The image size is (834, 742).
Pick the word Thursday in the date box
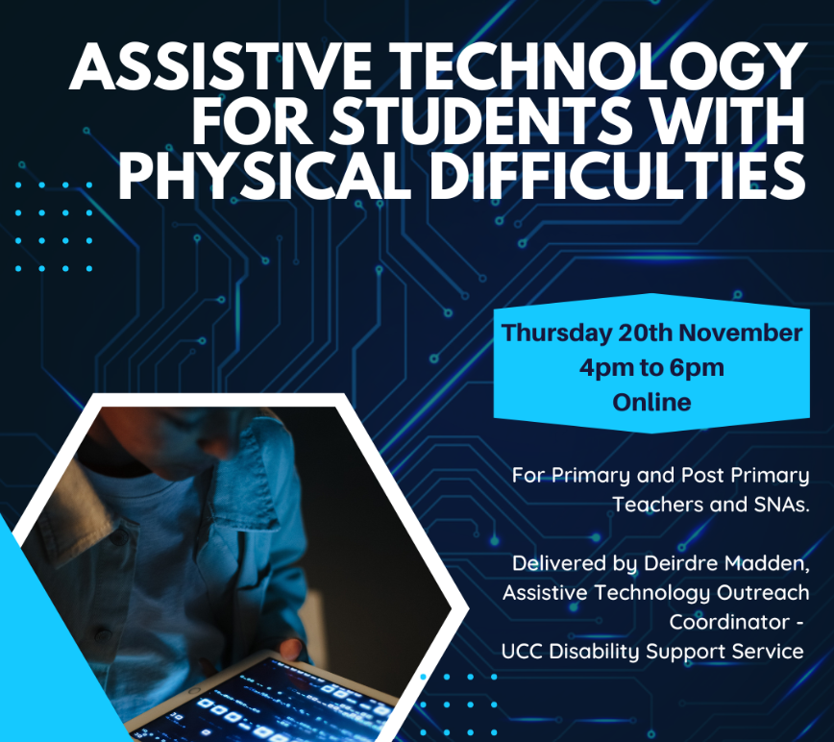[x=556, y=334]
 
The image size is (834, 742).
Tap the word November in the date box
[x=741, y=333]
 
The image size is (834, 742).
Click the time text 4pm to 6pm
[x=651, y=368]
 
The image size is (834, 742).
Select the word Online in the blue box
[x=651, y=402]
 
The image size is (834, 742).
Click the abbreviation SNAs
[x=781, y=505]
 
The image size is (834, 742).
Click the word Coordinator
[x=729, y=622]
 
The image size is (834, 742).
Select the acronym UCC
[x=522, y=651]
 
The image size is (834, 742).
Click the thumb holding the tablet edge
[x=290, y=647]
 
